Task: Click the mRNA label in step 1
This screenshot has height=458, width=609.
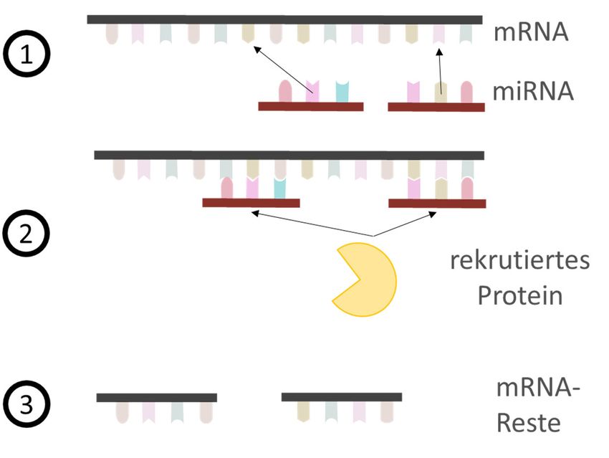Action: pyautogui.click(x=531, y=32)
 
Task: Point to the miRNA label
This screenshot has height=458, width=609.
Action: pyautogui.click(x=533, y=92)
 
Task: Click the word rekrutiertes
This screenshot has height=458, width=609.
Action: pyautogui.click(x=519, y=259)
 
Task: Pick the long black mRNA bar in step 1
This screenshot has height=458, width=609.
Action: pyautogui.click(x=284, y=19)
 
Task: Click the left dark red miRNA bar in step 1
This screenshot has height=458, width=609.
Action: pyautogui.click(x=310, y=107)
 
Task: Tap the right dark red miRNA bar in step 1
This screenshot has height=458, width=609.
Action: pyautogui.click(x=436, y=107)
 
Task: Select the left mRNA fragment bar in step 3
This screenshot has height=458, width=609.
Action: pyautogui.click(x=156, y=397)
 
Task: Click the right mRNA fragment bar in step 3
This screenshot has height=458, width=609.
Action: pyautogui.click(x=341, y=397)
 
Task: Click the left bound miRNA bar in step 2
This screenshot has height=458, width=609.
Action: pyautogui.click(x=251, y=203)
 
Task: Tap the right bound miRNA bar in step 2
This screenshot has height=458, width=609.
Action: pyautogui.click(x=436, y=203)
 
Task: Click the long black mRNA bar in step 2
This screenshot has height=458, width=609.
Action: pyautogui.click(x=289, y=155)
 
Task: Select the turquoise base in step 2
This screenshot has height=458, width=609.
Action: pyautogui.click(x=280, y=188)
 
